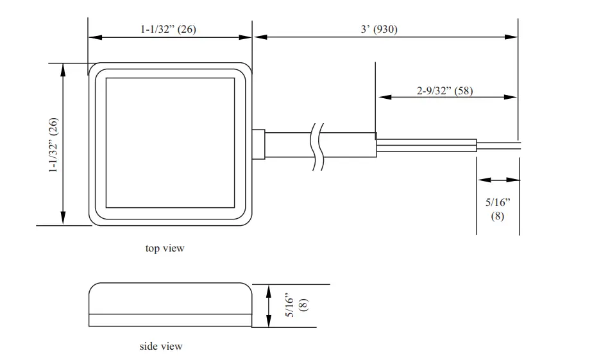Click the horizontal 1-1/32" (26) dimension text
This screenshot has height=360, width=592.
coord(169,29)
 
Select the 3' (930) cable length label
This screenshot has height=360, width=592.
coord(378,29)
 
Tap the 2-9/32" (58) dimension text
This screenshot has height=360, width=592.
coord(445,90)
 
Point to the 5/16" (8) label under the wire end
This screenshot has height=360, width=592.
coord(498,209)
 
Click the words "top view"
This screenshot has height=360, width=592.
coord(165,248)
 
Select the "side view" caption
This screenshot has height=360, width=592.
coord(161,347)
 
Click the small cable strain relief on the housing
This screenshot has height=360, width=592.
coord(258,144)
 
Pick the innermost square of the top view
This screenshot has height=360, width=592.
coord(170,142)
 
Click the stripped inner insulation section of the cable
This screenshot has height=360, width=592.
coord(426,146)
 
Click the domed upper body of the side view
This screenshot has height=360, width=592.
coord(170,298)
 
